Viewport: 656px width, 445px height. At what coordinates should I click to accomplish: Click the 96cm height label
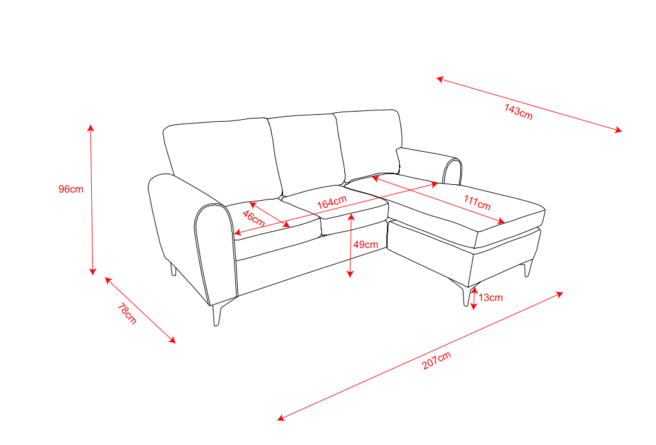tap(71, 189)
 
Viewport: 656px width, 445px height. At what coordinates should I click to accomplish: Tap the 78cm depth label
tap(127, 314)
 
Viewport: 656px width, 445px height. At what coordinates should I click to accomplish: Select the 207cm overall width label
tap(436, 360)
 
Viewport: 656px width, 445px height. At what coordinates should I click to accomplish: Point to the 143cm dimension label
tap(518, 112)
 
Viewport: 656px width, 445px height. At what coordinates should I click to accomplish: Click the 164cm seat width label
tap(332, 202)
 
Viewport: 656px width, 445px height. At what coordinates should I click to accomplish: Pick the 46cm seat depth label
tap(254, 218)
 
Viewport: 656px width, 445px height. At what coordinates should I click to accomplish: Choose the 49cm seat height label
tap(366, 245)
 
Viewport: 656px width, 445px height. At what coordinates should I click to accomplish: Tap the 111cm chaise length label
tap(477, 203)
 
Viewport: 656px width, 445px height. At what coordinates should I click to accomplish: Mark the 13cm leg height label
tap(491, 297)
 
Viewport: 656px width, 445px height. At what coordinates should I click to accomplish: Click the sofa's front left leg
tap(217, 314)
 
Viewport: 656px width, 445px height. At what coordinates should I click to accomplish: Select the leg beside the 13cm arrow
tap(467, 295)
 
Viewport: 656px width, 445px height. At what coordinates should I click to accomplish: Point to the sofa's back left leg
tap(173, 268)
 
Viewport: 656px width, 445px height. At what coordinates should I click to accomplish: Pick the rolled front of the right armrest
tap(453, 171)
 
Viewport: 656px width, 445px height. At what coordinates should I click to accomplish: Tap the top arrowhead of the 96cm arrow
tap(91, 128)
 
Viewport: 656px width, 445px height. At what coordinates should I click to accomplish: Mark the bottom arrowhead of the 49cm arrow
tap(351, 274)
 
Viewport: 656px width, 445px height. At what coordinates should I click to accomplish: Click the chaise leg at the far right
tap(528, 268)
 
